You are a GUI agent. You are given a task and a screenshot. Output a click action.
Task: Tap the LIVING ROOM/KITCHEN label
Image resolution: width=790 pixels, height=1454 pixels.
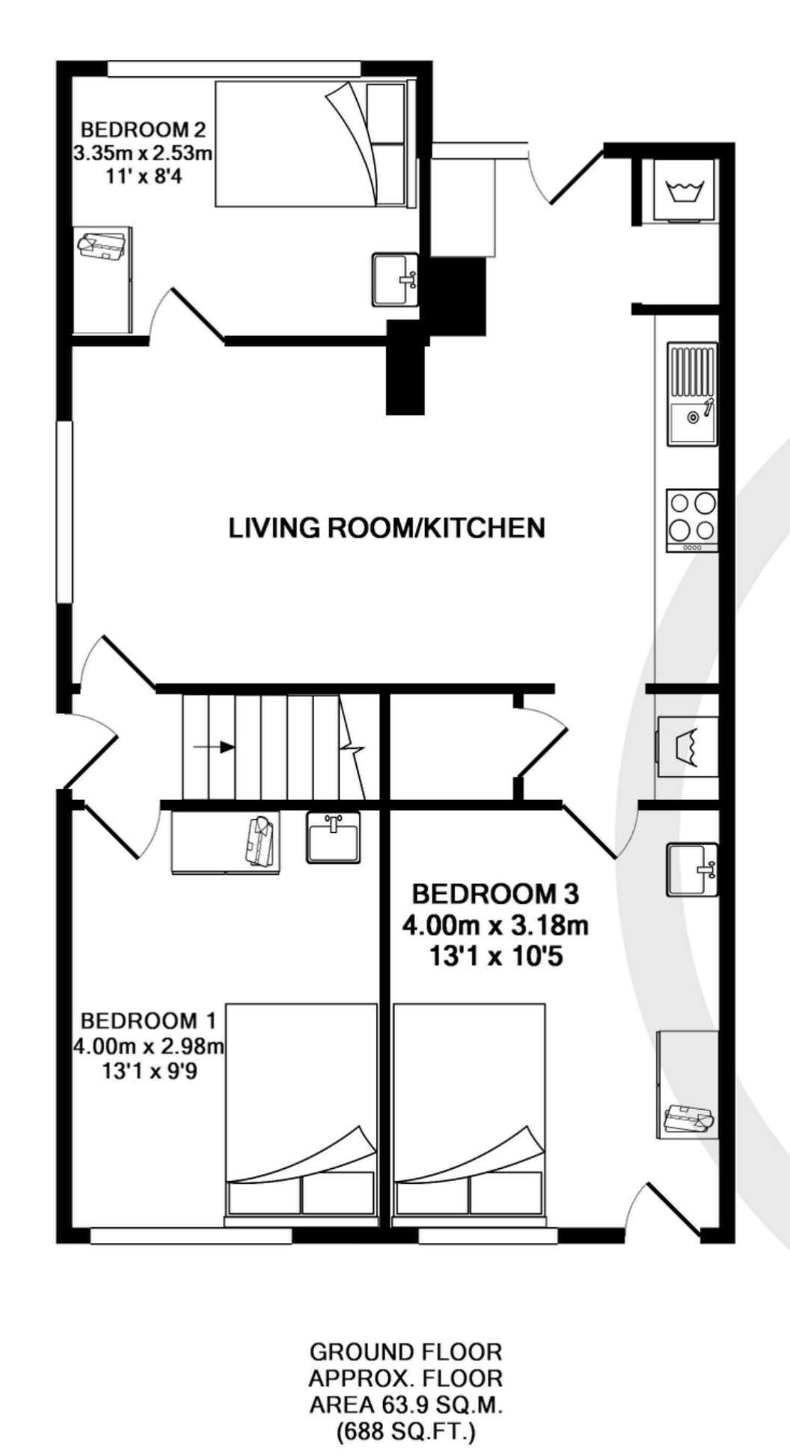tap(387, 528)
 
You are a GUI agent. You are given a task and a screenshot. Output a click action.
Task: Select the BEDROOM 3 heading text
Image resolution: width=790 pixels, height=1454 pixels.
tap(496, 894)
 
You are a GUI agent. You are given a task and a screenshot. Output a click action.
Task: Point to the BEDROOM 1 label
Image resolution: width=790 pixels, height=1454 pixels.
tap(148, 1020)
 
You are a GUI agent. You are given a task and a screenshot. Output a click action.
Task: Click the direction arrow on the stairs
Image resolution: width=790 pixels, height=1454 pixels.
tap(215, 747)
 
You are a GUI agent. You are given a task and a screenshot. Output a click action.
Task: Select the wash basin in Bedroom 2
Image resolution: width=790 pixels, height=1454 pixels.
tap(395, 279)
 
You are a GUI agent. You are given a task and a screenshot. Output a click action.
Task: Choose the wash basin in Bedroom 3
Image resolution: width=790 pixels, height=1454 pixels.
tap(692, 870)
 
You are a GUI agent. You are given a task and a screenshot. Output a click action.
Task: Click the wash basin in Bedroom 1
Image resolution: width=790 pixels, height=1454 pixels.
tap(333, 837)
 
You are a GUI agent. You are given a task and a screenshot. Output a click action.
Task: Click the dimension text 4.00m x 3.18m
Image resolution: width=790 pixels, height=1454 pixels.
tap(495, 926)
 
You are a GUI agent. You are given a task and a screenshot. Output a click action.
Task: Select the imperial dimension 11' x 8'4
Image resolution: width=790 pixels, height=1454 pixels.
tap(143, 177)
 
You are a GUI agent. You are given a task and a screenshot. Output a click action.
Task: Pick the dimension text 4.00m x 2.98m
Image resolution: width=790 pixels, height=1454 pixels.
tap(148, 1045)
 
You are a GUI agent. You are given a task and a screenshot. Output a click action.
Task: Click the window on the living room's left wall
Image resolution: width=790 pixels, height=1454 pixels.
tap(66, 511)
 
